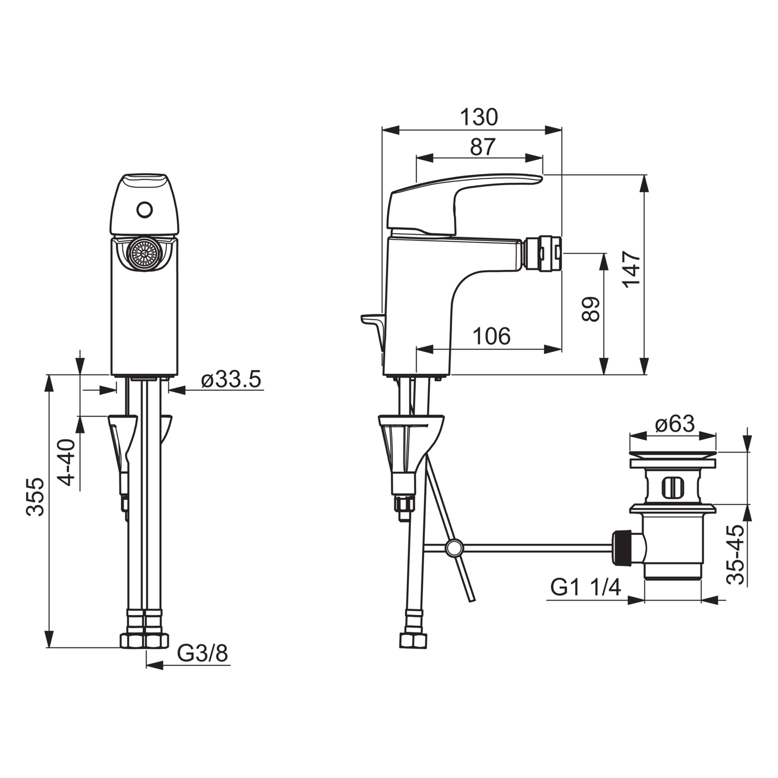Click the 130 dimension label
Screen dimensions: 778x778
[x=479, y=117]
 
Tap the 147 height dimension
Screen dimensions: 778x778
[x=632, y=269]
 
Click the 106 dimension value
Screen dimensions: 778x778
[x=492, y=336]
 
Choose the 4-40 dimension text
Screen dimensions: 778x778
[x=66, y=462]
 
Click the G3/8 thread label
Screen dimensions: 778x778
[x=203, y=654]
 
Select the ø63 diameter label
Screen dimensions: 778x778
[x=675, y=424]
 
